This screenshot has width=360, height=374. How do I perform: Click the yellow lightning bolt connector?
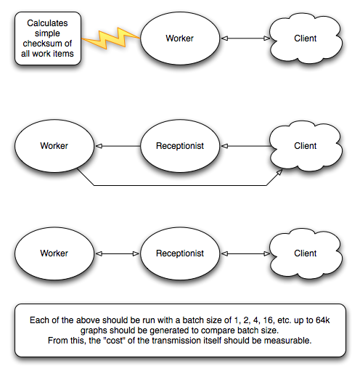[111, 38]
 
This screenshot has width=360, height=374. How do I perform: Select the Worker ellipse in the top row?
[180, 38]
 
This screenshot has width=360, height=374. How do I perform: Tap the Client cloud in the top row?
[306, 38]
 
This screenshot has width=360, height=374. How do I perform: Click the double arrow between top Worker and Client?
[245, 38]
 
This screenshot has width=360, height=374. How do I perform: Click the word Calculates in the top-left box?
[47, 23]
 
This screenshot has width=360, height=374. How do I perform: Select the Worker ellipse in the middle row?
[54, 146]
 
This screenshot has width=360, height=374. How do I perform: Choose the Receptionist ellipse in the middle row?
[180, 146]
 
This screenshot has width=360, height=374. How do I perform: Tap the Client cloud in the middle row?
[306, 146]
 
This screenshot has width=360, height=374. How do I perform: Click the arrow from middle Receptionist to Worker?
[118, 146]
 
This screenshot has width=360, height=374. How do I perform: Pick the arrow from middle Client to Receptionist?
[246, 146]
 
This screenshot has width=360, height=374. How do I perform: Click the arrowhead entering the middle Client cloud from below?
[279, 172]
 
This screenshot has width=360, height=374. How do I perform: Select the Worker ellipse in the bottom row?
[54, 253]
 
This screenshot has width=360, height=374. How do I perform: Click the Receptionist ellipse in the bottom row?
[180, 253]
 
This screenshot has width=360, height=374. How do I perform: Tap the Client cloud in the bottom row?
[306, 253]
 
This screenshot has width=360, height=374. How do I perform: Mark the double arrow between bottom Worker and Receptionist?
[118, 253]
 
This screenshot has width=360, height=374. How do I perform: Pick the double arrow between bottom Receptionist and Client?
[245, 253]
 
